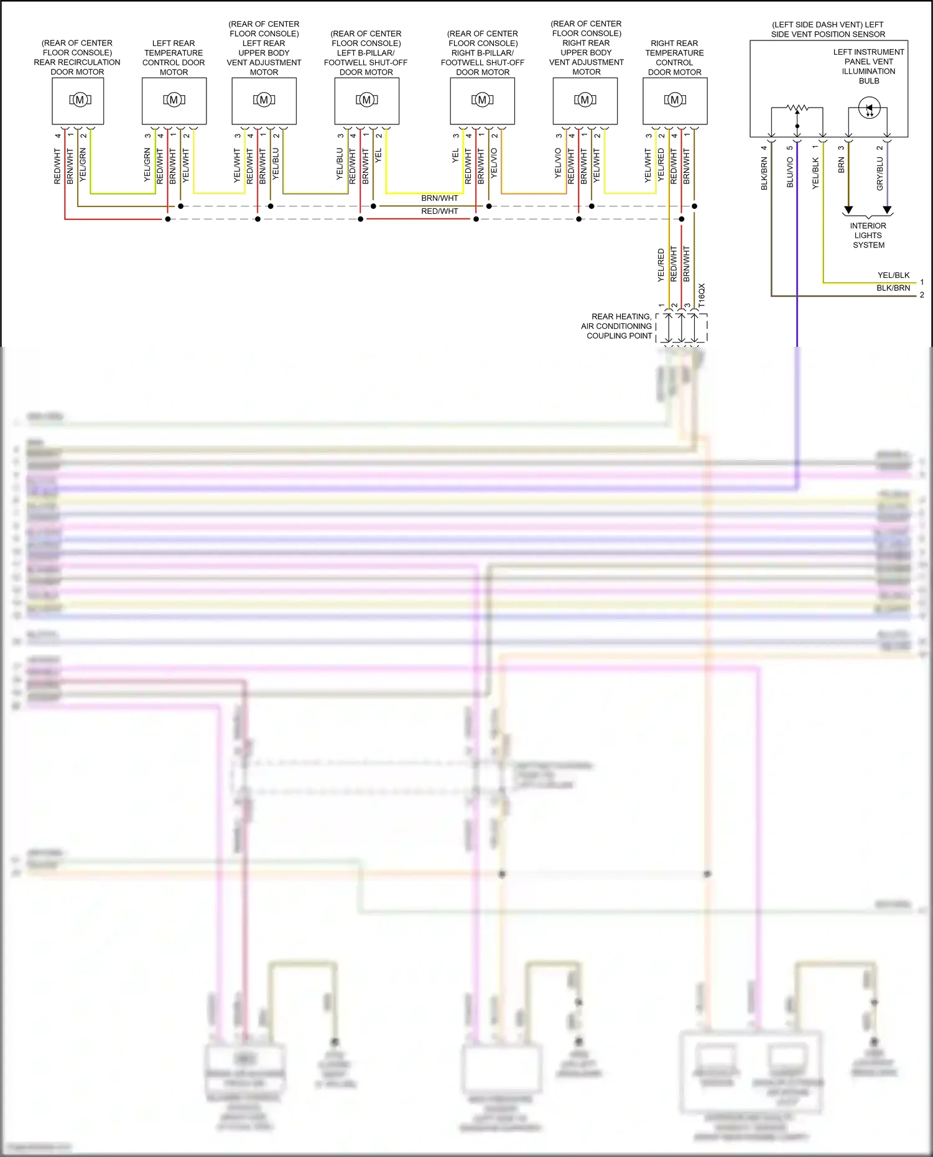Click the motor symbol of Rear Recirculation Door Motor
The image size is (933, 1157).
click(80, 100)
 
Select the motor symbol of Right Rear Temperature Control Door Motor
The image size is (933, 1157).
click(675, 100)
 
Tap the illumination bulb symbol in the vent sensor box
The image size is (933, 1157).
click(869, 108)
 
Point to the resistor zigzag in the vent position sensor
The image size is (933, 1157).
click(797, 108)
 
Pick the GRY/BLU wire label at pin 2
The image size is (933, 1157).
click(880, 173)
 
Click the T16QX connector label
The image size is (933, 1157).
click(702, 295)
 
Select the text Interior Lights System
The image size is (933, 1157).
click(868, 236)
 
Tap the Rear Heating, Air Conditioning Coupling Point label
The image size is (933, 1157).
click(616, 326)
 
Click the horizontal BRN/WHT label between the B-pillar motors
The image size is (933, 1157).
click(439, 198)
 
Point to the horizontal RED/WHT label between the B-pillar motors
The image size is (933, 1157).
click(439, 211)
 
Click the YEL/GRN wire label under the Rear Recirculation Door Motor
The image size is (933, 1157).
click(83, 165)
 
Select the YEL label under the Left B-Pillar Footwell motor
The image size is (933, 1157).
click(378, 155)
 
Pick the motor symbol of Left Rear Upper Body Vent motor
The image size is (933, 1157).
click(264, 100)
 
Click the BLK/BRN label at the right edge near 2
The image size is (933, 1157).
click(893, 288)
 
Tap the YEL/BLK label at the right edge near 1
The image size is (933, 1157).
click(893, 275)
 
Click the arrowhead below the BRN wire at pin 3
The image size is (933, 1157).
click(848, 210)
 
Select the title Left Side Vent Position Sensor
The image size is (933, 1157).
click(828, 29)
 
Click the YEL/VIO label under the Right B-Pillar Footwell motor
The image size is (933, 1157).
click(494, 163)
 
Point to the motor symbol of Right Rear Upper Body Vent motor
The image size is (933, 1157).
click(585, 100)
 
